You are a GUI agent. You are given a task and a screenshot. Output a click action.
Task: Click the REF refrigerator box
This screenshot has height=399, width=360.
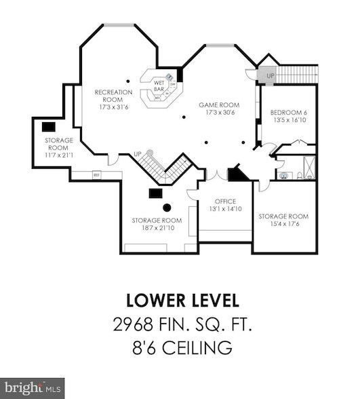click(97, 174)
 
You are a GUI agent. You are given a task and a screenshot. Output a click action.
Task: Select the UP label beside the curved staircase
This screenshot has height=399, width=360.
click(138, 153)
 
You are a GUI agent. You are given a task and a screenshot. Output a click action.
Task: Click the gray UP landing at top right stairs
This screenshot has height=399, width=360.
click(271, 75)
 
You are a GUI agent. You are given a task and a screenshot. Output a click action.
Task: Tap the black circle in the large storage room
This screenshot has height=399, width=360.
click(166, 208)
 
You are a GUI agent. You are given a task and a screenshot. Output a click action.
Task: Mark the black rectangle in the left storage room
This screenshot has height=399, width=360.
click(48, 127)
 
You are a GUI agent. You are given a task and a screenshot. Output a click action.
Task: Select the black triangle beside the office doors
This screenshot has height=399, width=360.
click(237, 174)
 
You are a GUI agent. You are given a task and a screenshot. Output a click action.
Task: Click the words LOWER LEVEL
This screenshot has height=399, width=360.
click(182, 300)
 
